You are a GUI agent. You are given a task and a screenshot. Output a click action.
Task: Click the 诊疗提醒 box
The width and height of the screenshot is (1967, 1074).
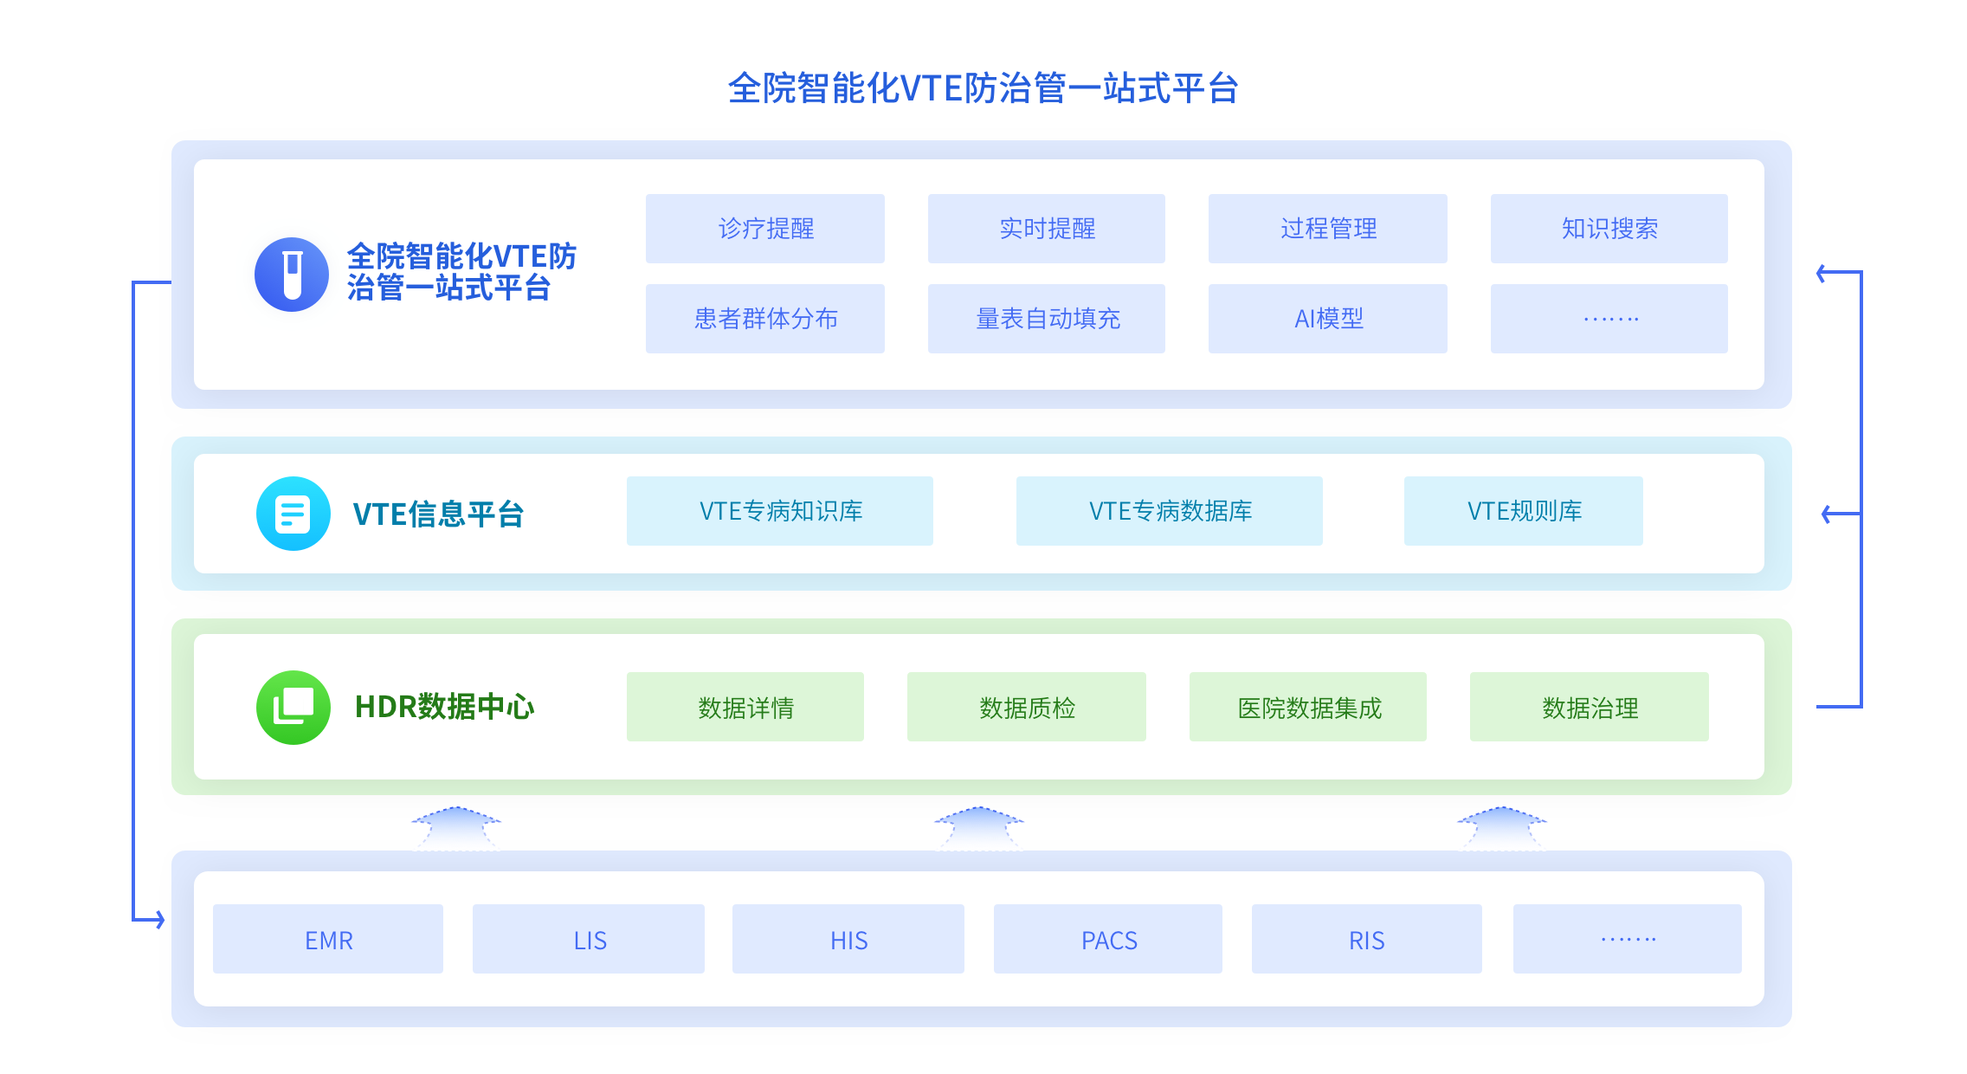pyautogui.click(x=765, y=229)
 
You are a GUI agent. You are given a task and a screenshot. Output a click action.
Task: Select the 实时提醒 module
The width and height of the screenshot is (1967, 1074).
pyautogui.click(x=1047, y=229)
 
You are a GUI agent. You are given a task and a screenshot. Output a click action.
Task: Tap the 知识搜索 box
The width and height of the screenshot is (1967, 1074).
pyautogui.click(x=1609, y=229)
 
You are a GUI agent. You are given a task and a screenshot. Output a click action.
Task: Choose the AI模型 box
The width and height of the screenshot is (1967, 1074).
pyautogui.click(x=1327, y=319)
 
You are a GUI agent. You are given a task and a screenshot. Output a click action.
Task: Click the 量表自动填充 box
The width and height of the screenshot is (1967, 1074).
pyautogui.click(x=1047, y=319)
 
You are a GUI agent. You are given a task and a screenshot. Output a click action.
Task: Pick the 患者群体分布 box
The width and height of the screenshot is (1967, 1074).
pyautogui.click(x=765, y=319)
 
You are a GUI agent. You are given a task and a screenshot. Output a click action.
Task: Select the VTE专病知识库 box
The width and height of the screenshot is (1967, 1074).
pyautogui.click(x=780, y=511)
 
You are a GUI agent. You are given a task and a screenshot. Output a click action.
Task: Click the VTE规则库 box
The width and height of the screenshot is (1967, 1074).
pyautogui.click(x=1523, y=511)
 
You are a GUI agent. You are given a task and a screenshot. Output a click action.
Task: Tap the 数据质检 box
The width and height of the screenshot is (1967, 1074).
pyautogui.click(x=1026, y=707)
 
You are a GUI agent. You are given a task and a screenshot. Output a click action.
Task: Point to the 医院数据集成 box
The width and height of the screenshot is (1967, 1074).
pyautogui.click(x=1307, y=707)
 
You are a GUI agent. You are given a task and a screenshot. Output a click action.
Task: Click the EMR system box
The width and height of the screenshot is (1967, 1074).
pyautogui.click(x=328, y=939)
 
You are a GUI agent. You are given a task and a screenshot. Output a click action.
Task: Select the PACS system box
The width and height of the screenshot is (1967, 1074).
pyautogui.click(x=1108, y=939)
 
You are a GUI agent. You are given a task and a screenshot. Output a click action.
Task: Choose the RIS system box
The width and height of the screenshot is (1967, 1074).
pyautogui.click(x=1366, y=939)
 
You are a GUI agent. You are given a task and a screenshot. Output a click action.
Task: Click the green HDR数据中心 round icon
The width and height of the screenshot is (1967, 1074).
pyautogui.click(x=293, y=707)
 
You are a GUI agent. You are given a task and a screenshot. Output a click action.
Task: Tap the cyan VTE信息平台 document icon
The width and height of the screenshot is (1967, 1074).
pyautogui.click(x=293, y=514)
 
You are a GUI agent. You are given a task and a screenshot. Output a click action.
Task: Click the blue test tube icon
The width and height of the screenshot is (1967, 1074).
pyautogui.click(x=292, y=275)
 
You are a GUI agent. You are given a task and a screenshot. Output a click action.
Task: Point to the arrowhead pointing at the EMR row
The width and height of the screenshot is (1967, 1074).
pyautogui.click(x=159, y=919)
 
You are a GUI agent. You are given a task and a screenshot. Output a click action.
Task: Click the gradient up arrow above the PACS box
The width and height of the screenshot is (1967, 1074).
pyautogui.click(x=979, y=827)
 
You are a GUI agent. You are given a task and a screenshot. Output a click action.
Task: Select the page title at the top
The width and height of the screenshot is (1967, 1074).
pyautogui.click(x=983, y=88)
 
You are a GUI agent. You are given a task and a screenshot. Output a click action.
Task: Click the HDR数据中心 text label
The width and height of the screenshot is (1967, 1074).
pyautogui.click(x=444, y=707)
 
